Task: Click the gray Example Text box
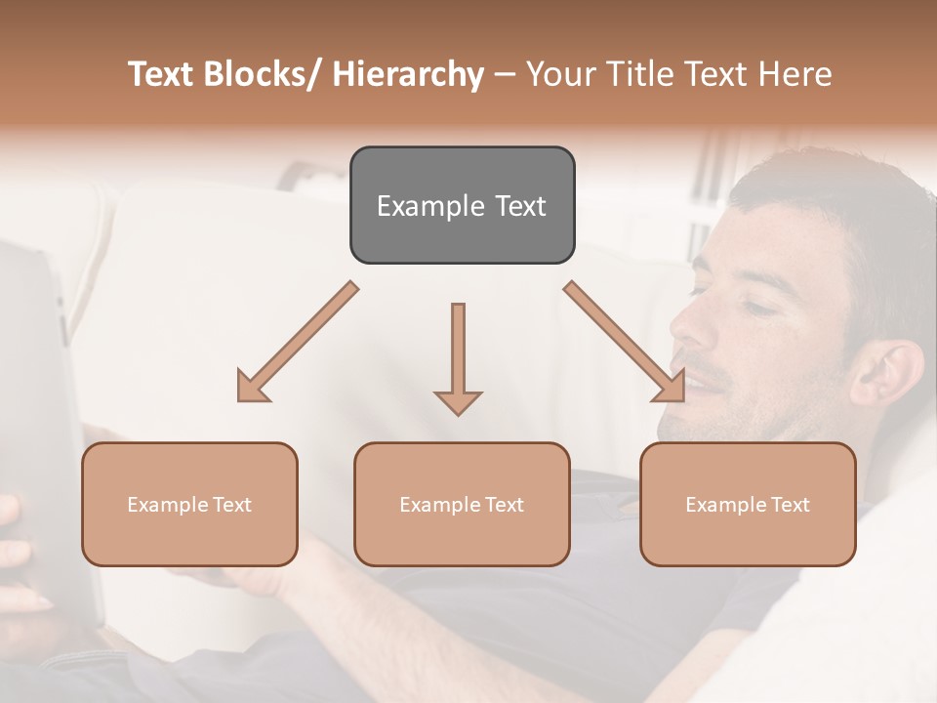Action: click(x=462, y=205)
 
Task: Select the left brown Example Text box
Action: click(x=189, y=504)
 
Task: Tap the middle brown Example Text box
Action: click(x=462, y=504)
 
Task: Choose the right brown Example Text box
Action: click(x=748, y=504)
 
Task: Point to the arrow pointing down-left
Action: click(x=296, y=342)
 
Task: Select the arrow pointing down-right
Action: click(x=626, y=342)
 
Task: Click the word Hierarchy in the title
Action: click(x=408, y=74)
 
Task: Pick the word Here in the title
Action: click(x=797, y=74)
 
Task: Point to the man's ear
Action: click(x=883, y=376)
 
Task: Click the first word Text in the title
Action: click(x=163, y=74)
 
